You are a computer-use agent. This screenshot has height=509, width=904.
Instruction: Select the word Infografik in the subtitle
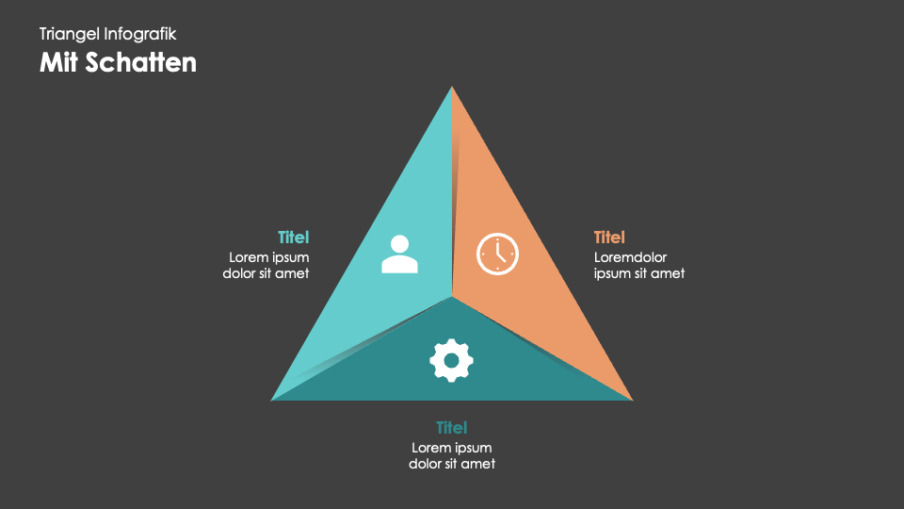click(140, 35)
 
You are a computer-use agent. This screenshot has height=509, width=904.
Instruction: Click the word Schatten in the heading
click(141, 62)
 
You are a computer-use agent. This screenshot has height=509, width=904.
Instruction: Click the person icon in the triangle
click(399, 254)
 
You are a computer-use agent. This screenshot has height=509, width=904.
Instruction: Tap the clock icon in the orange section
click(497, 254)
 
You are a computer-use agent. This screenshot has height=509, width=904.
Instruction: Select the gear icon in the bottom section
click(451, 361)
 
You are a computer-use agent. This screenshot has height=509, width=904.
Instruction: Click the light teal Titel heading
click(294, 238)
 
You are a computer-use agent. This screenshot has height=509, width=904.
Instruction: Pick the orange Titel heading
click(609, 238)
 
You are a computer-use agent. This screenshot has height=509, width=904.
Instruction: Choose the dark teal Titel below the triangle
click(451, 428)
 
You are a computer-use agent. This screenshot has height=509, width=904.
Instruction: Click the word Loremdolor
click(630, 257)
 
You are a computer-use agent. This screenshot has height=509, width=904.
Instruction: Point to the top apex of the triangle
click(452, 87)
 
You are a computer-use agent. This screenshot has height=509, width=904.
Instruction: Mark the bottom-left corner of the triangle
click(271, 401)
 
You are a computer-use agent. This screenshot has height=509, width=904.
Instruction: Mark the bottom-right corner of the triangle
click(633, 401)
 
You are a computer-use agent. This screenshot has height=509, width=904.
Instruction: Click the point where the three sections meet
click(452, 297)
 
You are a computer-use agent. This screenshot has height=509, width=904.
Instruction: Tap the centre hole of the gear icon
click(451, 361)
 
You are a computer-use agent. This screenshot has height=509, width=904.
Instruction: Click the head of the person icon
click(399, 243)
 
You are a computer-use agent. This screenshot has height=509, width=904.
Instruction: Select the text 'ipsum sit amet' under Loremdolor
click(639, 273)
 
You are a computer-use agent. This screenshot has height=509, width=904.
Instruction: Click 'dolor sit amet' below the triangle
click(452, 464)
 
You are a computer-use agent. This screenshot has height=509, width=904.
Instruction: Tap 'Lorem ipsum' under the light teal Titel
click(269, 257)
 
